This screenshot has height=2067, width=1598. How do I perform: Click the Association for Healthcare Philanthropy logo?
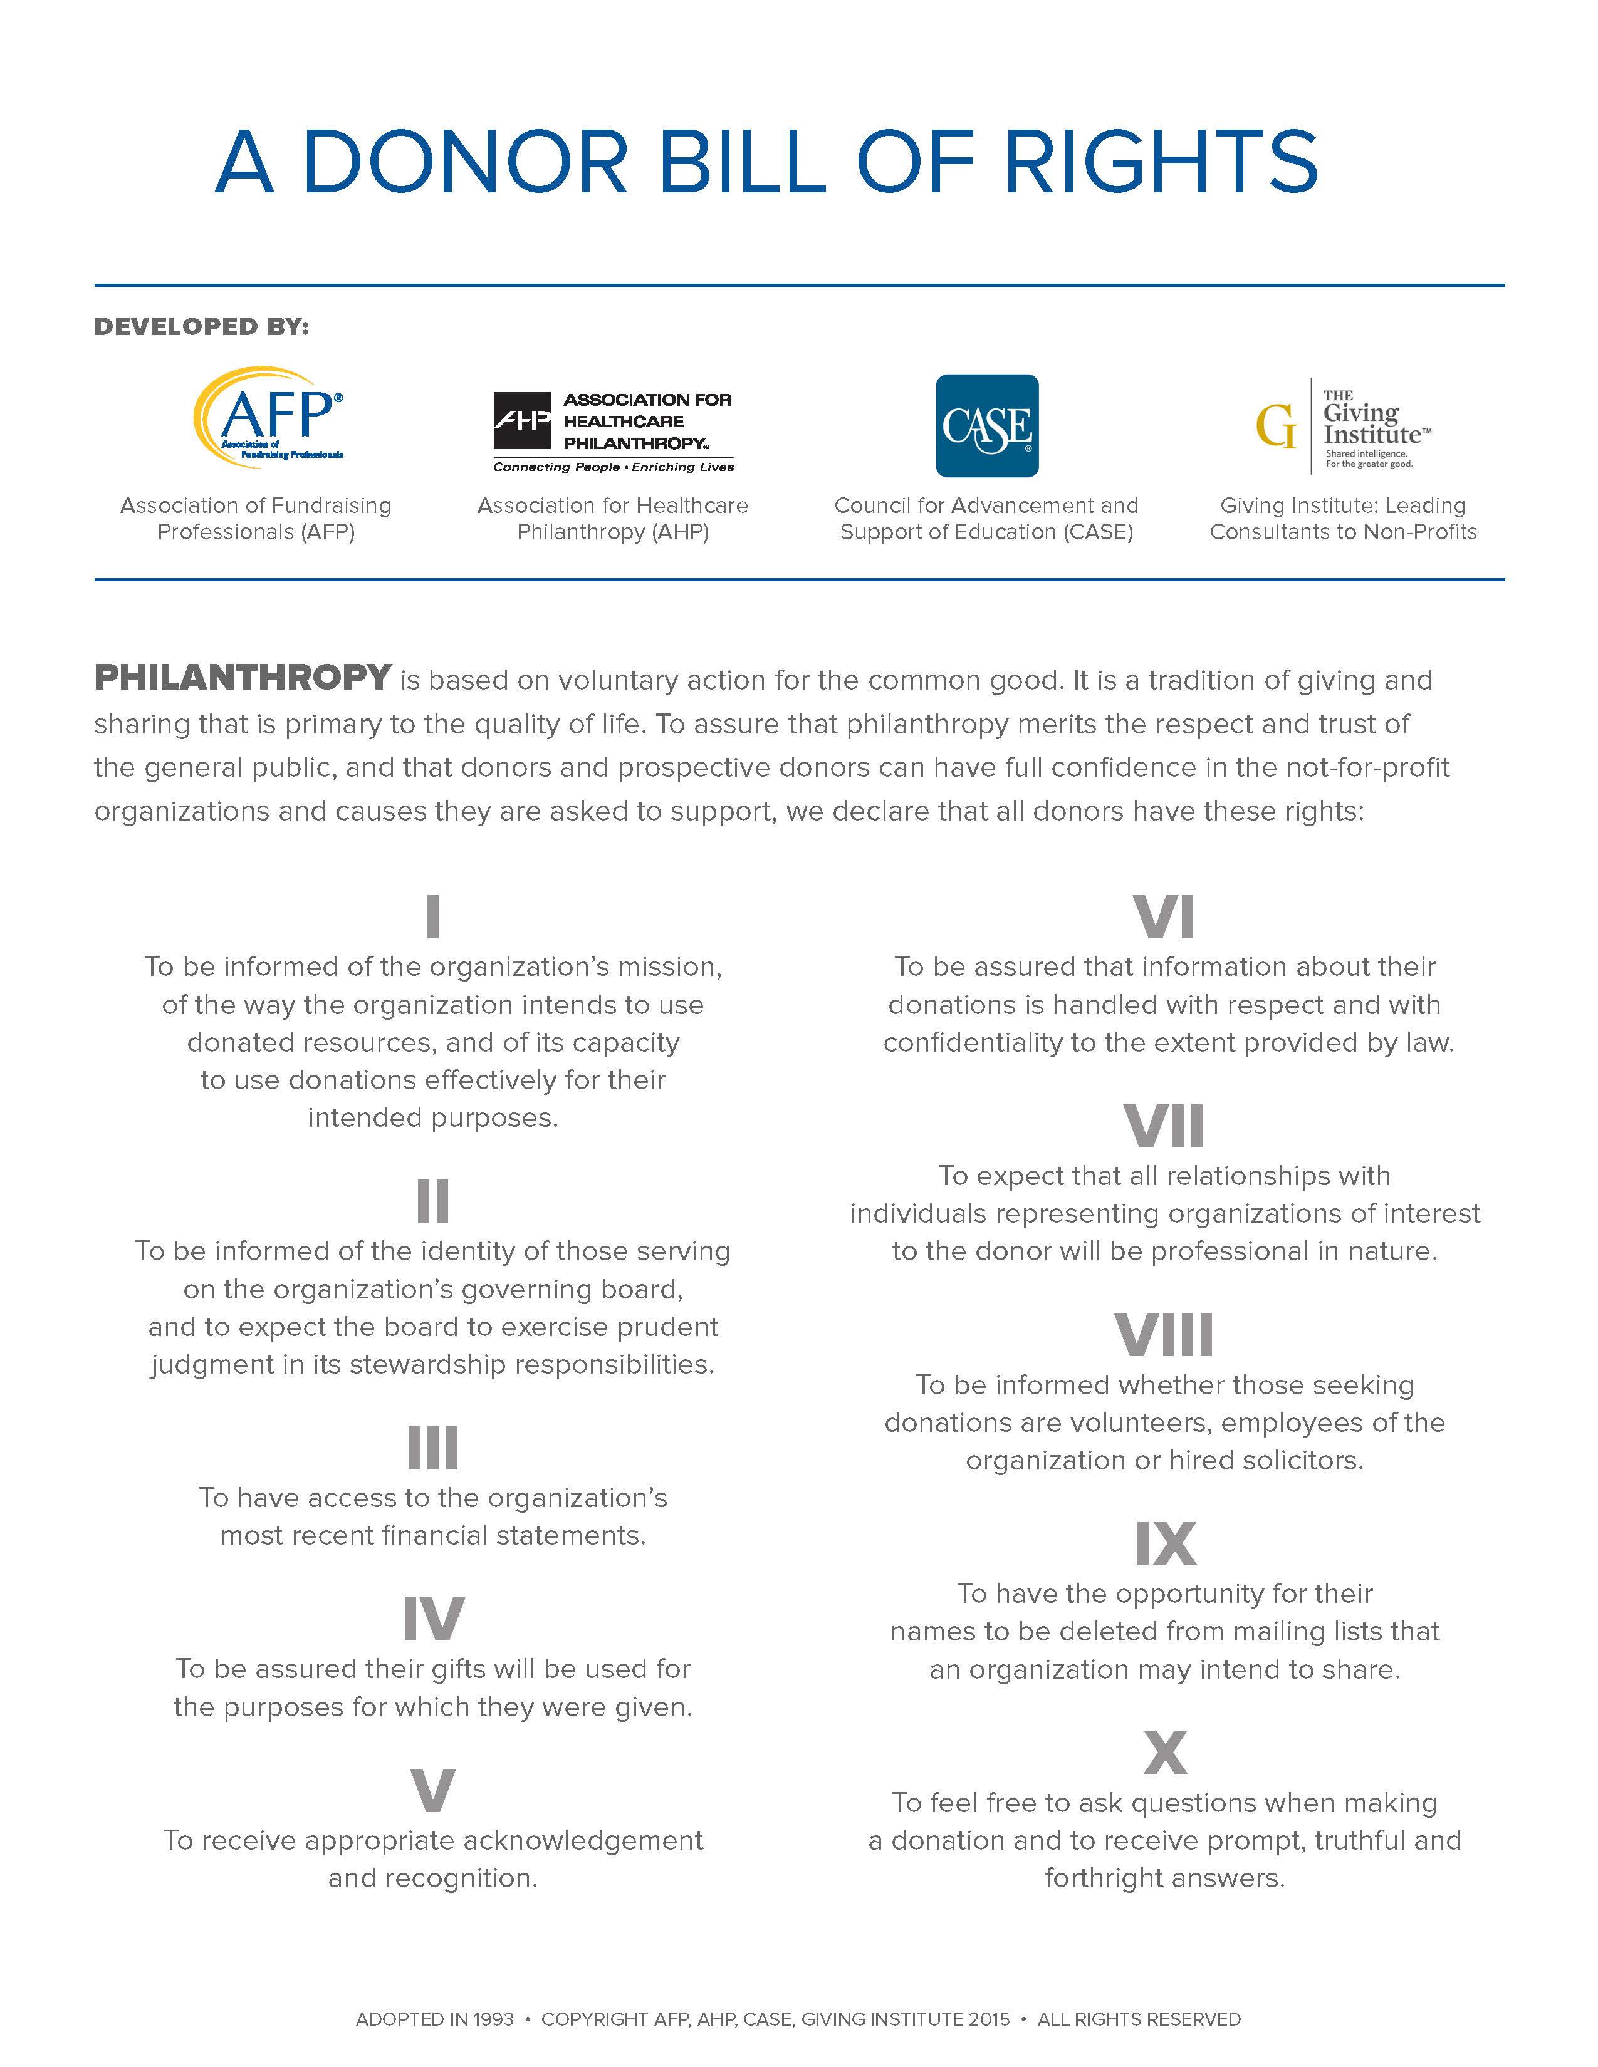point(614,432)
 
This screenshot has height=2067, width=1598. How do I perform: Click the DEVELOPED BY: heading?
point(202,326)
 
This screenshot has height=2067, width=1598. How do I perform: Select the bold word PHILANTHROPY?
point(243,678)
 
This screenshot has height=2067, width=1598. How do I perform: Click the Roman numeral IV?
point(432,1619)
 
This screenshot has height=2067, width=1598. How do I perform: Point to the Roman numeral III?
point(432,1448)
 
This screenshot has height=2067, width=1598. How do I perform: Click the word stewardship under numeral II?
point(427,1365)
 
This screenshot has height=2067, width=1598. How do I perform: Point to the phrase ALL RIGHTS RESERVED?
point(1139,2019)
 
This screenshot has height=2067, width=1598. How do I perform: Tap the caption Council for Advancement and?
point(986,505)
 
